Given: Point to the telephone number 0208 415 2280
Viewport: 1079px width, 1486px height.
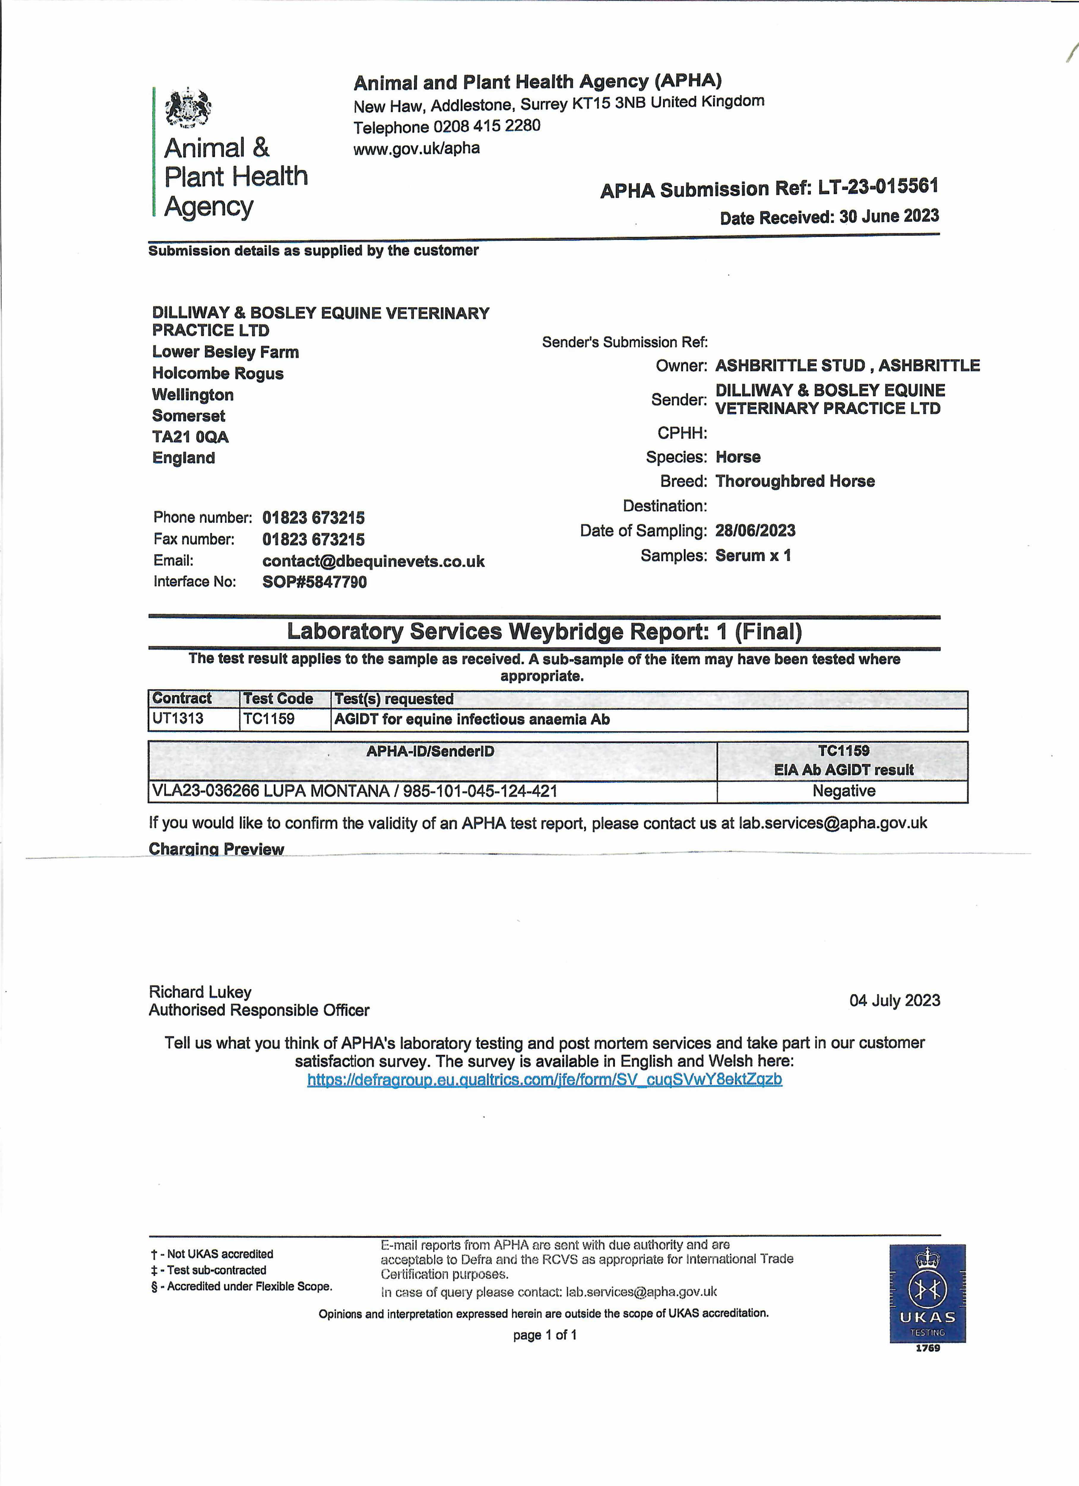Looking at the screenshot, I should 486,126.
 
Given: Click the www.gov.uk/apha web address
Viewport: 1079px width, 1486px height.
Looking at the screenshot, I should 416,148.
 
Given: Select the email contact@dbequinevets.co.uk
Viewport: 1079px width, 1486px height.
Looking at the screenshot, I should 373,561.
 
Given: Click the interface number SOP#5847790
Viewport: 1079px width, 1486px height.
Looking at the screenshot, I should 314,582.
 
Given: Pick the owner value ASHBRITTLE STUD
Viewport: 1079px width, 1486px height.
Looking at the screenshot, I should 790,366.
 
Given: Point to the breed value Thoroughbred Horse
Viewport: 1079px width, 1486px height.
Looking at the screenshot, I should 795,481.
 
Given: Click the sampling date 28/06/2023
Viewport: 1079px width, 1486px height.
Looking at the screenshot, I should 755,531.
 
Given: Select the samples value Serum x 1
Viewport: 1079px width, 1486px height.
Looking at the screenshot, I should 753,555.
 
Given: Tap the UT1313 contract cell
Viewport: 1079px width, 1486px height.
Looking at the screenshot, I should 178,719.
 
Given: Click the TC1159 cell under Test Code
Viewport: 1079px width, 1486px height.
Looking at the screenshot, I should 269,719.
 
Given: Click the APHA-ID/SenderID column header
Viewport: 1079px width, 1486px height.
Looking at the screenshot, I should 430,752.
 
